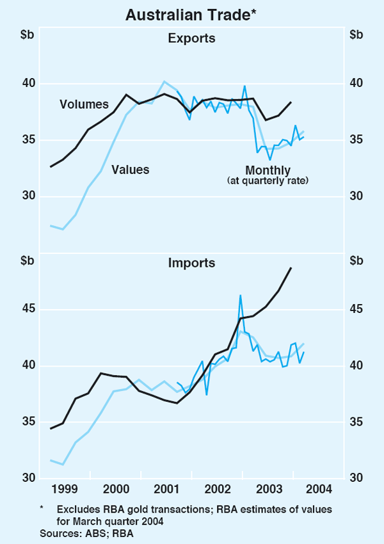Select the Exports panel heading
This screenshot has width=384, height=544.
click(x=191, y=38)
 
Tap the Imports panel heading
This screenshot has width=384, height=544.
click(x=191, y=263)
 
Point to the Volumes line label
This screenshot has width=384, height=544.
click(x=84, y=104)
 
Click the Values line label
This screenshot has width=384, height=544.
click(x=130, y=170)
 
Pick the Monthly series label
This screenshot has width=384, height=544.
click(x=268, y=170)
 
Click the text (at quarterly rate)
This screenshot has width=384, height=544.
click(x=268, y=181)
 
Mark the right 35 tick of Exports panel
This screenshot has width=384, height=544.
click(x=356, y=140)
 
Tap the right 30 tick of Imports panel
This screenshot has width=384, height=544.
click(x=356, y=478)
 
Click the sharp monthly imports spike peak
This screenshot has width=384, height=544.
click(x=240, y=296)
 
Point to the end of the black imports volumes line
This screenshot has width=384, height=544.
click(x=291, y=268)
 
